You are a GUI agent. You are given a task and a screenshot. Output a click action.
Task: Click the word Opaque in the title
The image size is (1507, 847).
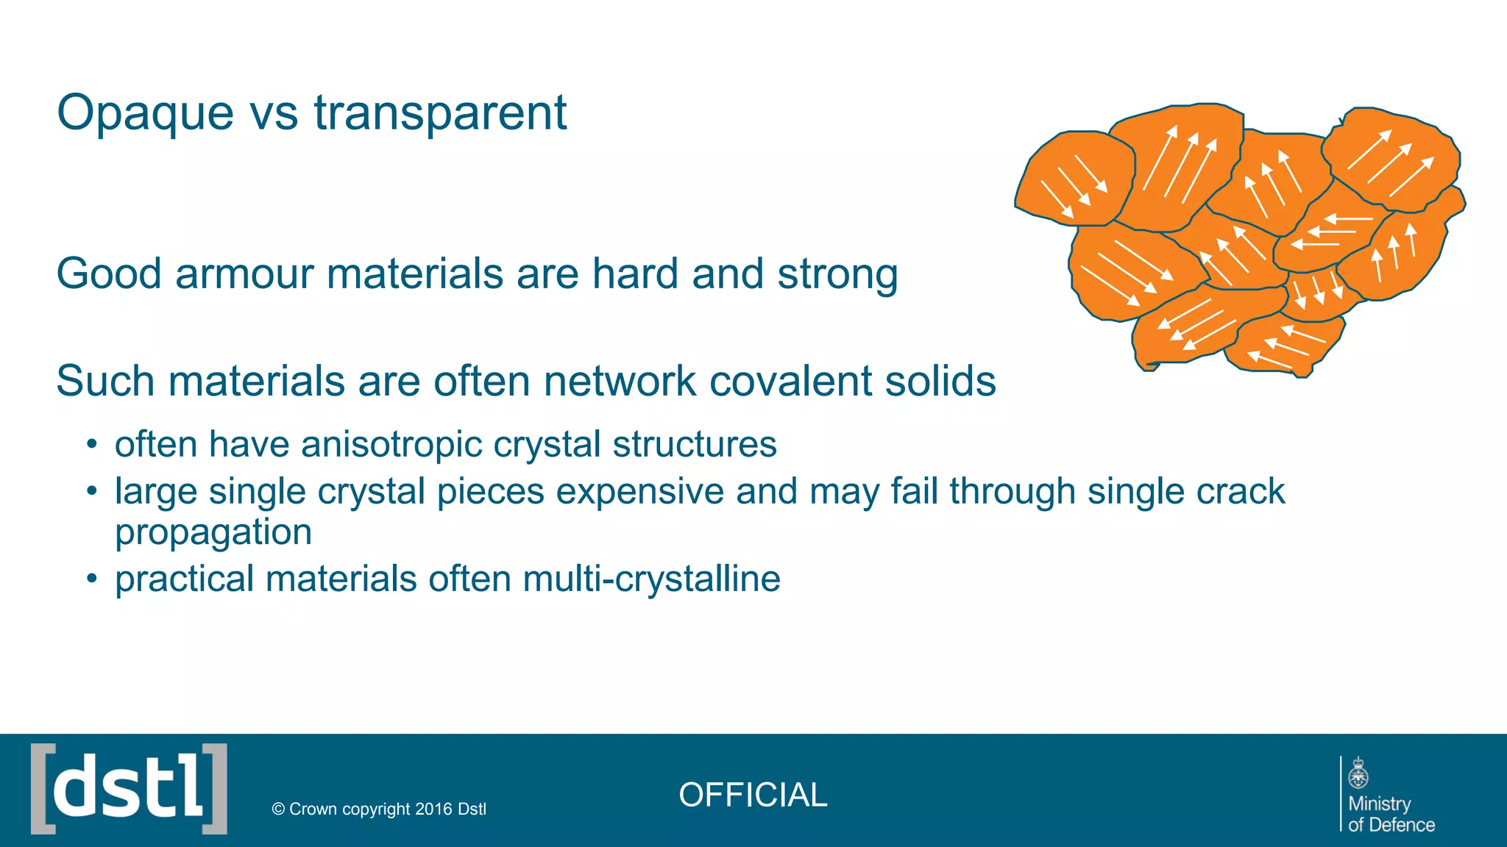146,115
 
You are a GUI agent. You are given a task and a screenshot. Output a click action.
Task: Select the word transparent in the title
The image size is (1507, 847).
440,113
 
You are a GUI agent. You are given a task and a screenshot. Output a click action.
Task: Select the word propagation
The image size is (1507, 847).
213,532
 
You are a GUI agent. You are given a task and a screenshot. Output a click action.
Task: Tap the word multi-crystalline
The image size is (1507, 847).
651,579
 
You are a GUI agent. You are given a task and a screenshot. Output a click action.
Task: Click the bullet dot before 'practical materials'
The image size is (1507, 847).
91,579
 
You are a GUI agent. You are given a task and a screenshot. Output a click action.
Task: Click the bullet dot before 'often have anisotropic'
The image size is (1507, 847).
91,444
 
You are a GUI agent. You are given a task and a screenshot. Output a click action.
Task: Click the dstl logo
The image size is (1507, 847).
129,789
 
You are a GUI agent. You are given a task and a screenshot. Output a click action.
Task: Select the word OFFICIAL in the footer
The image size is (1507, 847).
753,795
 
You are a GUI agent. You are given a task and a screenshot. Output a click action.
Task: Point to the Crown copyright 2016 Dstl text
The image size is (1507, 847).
379,809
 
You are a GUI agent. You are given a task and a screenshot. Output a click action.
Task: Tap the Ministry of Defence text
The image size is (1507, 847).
1390,814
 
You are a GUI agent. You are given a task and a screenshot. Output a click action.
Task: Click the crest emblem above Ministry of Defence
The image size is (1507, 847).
1358,773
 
